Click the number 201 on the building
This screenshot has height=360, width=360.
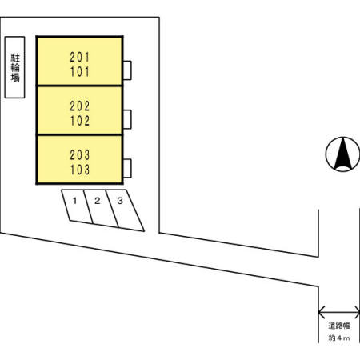[x=80, y=57]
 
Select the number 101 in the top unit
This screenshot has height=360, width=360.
[x=80, y=72]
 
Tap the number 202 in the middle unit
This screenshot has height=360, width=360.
[x=80, y=106]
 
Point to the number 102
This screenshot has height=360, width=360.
[x=80, y=121]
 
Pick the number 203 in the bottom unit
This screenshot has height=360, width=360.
[x=80, y=155]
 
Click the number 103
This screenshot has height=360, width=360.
[x=80, y=170]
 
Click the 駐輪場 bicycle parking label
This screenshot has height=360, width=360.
[x=15, y=67]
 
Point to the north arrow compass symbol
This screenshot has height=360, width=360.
[x=342, y=154]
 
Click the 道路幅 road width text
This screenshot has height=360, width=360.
[x=339, y=326]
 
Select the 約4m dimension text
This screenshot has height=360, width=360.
[x=339, y=338]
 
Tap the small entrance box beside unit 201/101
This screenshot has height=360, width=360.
[x=127, y=70]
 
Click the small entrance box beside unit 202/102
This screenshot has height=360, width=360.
[x=127, y=119]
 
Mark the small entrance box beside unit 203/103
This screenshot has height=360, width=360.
[x=127, y=168]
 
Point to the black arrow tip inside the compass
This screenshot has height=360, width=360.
[x=343, y=138]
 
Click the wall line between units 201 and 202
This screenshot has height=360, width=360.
[x=79, y=86]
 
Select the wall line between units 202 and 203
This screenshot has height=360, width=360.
[x=79, y=134]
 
